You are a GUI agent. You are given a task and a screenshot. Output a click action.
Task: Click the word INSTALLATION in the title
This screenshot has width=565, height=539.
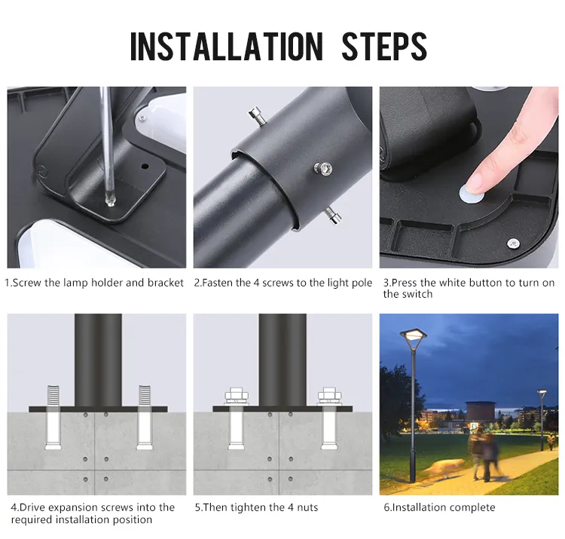point(226,46)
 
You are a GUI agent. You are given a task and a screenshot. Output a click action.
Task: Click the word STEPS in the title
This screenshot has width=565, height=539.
point(384,46)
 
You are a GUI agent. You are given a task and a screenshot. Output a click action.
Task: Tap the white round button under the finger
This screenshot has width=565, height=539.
point(472,194)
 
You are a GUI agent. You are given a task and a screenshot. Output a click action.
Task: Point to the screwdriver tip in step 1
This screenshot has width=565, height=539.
point(110,201)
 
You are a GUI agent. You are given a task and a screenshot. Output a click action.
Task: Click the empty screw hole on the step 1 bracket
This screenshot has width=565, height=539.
point(145,166)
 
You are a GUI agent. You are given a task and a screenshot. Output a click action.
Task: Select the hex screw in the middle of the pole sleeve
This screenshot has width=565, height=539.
point(323,168)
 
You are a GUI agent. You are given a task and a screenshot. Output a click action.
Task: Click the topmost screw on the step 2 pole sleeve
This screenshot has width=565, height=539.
point(258,116)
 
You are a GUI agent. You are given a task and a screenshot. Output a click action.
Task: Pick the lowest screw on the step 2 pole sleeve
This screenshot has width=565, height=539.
point(332,216)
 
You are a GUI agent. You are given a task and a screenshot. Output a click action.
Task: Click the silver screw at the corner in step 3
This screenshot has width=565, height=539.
point(513,243)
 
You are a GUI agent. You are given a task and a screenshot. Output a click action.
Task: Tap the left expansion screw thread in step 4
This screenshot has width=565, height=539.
point(53,395)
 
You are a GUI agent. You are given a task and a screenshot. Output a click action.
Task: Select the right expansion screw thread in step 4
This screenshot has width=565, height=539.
point(144,395)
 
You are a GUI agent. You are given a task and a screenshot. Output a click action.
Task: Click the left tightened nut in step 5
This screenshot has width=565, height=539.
point(237,397)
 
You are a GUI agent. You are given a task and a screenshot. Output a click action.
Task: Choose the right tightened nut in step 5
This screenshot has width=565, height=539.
point(329,397)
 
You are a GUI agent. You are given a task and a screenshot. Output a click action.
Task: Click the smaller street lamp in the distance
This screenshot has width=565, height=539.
point(542,420)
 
